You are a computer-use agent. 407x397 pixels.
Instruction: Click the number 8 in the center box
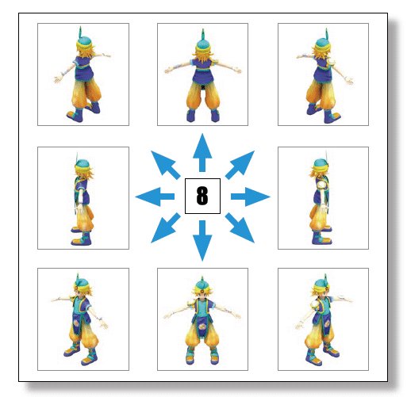coord(202,196)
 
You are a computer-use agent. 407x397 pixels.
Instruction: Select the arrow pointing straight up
coord(202,152)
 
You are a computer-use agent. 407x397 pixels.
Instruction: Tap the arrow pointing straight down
coord(202,241)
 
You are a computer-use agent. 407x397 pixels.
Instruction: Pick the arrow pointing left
coord(155,197)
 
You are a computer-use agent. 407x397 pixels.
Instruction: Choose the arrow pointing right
coord(251,197)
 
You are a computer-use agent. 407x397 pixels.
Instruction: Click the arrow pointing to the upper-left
coord(166,165)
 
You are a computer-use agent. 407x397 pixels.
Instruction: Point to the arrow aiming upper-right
coord(240,165)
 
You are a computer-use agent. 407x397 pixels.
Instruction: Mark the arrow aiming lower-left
coord(166,227)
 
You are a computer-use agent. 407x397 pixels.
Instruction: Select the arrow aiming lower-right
coord(240,227)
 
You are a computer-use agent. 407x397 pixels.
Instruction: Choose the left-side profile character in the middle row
coord(83,199)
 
